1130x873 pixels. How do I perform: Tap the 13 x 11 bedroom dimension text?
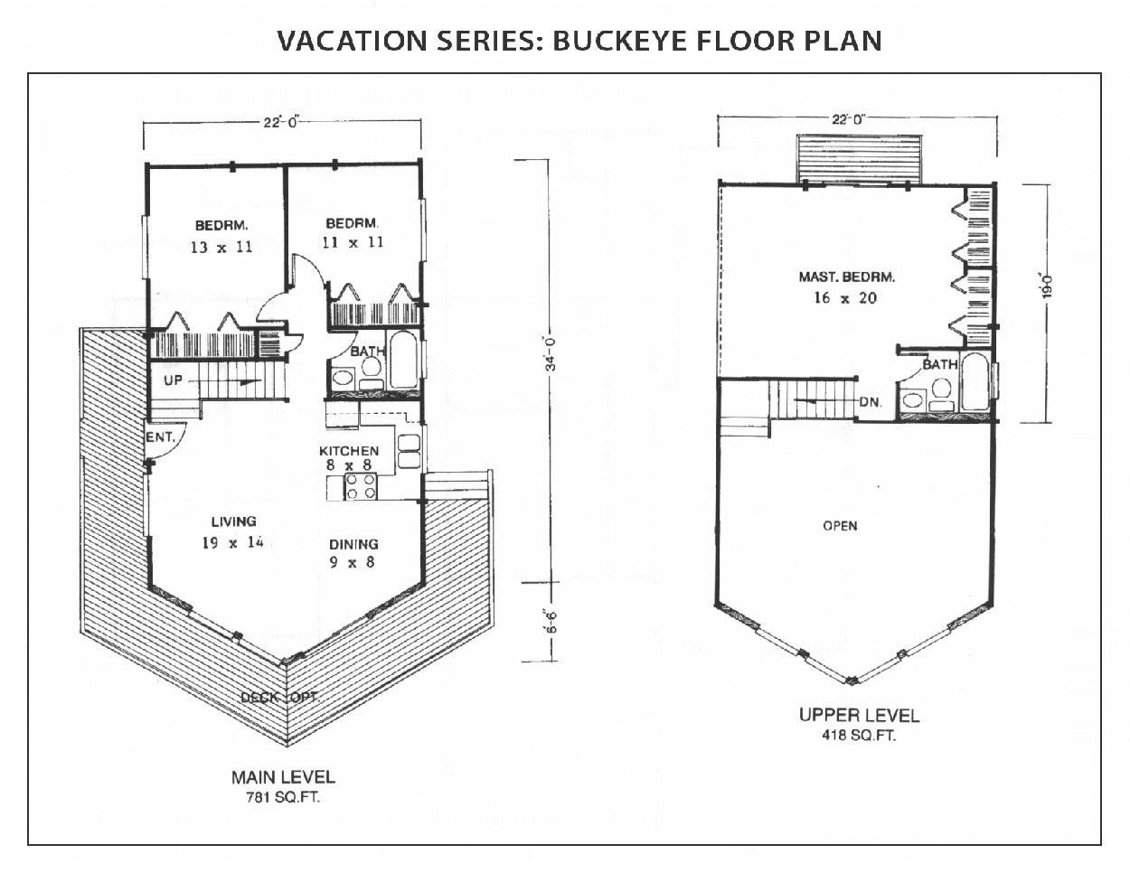(x=221, y=247)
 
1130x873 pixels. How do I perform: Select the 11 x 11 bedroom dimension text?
(x=353, y=242)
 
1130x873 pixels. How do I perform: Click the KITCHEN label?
(x=349, y=451)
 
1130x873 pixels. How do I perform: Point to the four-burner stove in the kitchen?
(x=361, y=486)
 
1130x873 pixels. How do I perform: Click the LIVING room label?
(x=234, y=521)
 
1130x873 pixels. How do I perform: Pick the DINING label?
(x=353, y=544)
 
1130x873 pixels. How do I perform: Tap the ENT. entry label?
(x=160, y=437)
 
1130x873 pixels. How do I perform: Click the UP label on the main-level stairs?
(x=174, y=380)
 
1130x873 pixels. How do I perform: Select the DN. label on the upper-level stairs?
(x=871, y=401)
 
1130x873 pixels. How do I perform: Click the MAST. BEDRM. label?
(x=847, y=277)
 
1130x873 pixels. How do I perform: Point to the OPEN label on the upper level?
(x=841, y=526)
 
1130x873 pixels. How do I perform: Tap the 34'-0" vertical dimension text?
(x=551, y=354)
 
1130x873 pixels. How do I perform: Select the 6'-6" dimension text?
(x=551, y=622)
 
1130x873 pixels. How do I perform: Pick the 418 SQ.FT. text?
(x=859, y=736)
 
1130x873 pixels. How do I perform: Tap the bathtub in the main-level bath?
(x=403, y=360)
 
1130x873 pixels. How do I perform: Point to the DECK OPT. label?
(x=280, y=698)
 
